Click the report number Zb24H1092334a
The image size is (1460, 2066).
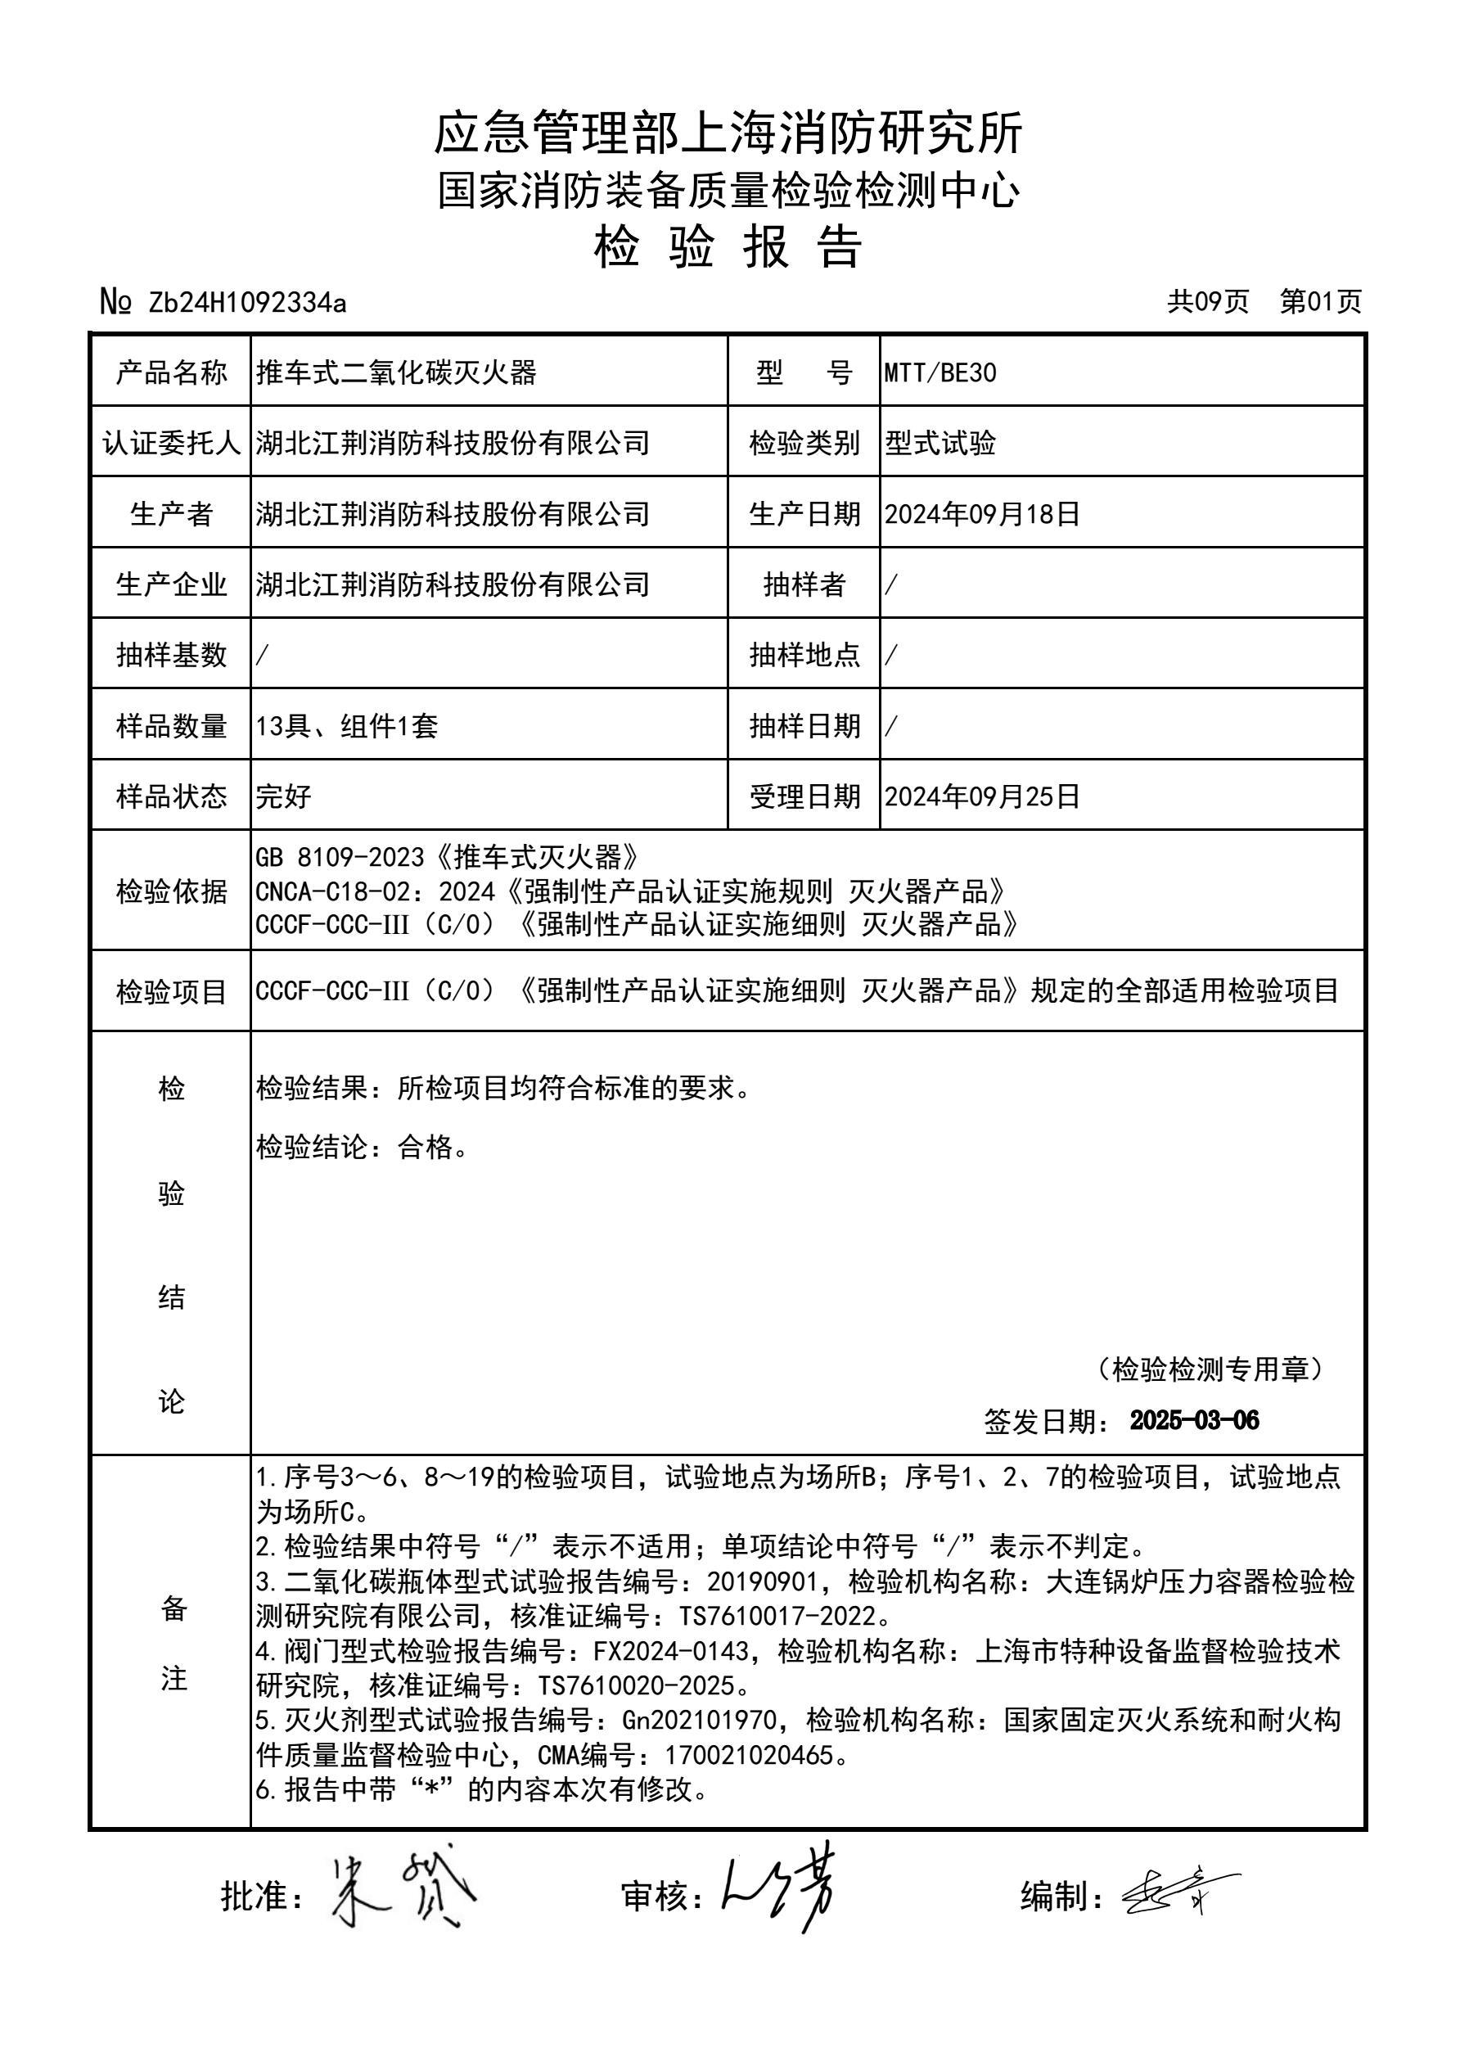[247, 303]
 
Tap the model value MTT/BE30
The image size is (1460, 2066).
[940, 372]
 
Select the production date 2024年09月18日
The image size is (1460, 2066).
[981, 514]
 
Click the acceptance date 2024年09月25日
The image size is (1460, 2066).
[981, 796]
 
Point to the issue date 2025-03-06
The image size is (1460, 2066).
[1194, 1421]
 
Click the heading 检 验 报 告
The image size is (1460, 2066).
[728, 247]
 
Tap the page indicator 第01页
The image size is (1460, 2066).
[1321, 301]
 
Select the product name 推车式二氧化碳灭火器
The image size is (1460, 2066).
[396, 372]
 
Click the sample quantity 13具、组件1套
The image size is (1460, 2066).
[346, 726]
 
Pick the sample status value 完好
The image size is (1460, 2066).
[283, 796]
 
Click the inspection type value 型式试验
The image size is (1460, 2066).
[940, 444]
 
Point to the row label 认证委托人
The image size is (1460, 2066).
[171, 443]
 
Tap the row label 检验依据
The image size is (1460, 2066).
[171, 891]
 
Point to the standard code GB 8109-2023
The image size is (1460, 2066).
[345, 857]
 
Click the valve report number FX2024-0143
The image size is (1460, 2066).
[671, 1651]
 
